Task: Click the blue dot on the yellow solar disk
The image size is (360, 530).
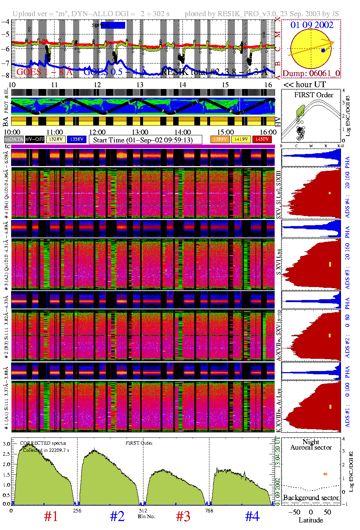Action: [323, 51]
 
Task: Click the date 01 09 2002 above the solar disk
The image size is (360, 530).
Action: [312, 25]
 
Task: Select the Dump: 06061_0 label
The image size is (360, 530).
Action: [311, 74]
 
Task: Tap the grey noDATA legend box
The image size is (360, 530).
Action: [14, 139]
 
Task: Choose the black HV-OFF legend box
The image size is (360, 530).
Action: [35, 139]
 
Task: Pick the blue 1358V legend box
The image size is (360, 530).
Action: [77, 139]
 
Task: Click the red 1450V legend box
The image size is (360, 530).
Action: [262, 139]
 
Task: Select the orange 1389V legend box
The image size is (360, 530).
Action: [220, 139]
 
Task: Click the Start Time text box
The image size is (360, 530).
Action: [145, 140]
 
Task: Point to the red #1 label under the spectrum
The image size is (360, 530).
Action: [51, 516]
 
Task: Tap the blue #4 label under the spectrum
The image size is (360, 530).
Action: [252, 516]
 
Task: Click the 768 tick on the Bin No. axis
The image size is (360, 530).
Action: [209, 511]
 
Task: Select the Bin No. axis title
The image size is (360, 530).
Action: [146, 516]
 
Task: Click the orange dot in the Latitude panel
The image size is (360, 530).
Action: [326, 474]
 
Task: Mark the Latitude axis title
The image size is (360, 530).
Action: [311, 520]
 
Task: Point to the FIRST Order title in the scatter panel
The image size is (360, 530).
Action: [314, 95]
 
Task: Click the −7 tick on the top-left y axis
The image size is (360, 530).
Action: [5, 63]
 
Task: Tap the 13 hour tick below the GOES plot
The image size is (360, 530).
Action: [140, 85]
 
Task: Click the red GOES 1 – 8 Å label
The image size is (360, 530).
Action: [44, 72]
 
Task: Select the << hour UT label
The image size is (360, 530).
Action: [304, 85]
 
